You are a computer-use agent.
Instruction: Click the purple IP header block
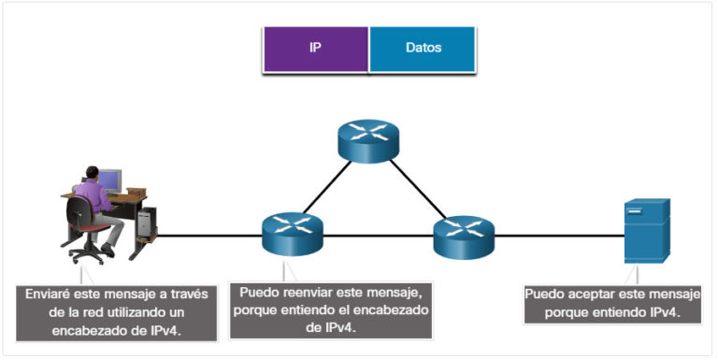tap(316, 48)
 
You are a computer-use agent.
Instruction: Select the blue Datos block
tap(424, 48)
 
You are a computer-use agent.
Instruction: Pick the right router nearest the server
tap(463, 235)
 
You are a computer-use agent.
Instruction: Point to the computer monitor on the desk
tap(108, 180)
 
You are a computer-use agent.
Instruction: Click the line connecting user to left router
tap(206, 236)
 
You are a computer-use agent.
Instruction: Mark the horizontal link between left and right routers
tap(378, 236)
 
